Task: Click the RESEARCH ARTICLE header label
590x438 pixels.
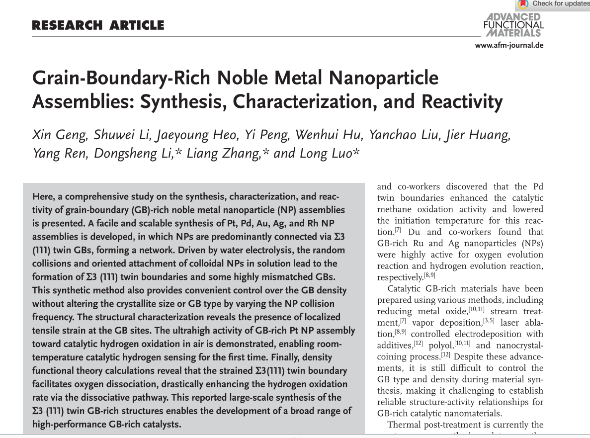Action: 98,25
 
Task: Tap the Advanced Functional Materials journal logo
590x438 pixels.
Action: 513,25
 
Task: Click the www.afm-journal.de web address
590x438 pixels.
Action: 509,45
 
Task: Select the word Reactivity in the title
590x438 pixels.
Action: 462,102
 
